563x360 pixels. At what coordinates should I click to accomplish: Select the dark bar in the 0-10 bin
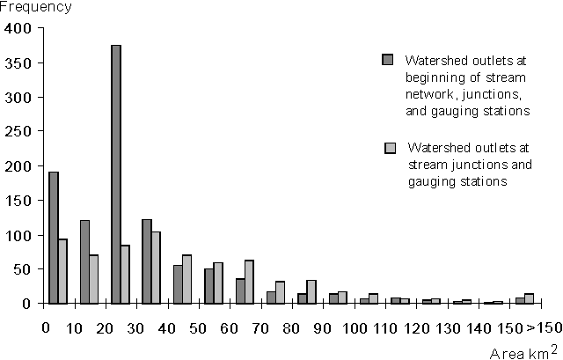[x=54, y=238]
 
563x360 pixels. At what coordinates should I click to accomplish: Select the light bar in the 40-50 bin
[x=187, y=279]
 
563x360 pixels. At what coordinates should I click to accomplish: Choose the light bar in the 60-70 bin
[x=249, y=282]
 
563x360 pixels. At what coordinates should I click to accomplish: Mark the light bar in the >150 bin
[x=530, y=298]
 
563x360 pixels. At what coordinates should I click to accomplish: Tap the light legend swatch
[x=390, y=147]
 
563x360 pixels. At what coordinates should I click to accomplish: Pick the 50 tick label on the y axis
[x=23, y=269]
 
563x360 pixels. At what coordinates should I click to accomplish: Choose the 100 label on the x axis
[x=355, y=328]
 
